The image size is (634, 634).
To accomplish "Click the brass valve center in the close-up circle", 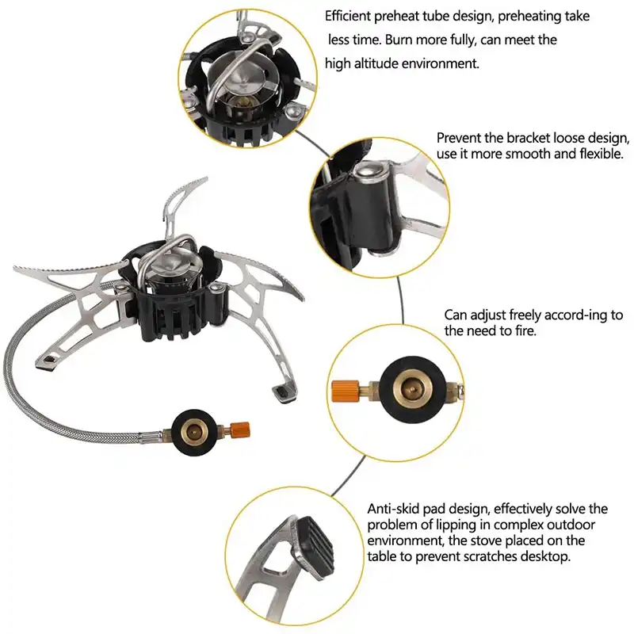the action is [412, 389].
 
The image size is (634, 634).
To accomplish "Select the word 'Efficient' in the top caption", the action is [348, 16].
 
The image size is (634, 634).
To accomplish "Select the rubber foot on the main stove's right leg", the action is [282, 393].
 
